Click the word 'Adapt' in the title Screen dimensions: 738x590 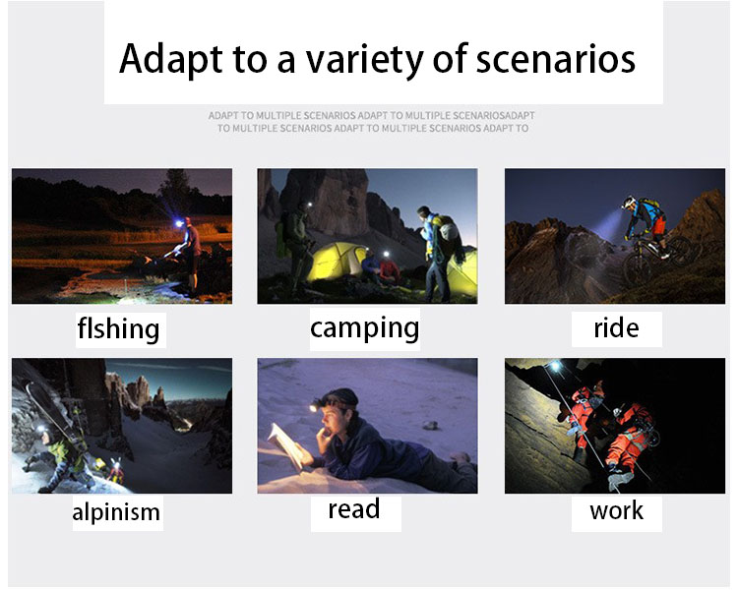click(x=171, y=59)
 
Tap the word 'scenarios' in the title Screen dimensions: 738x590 click(x=555, y=59)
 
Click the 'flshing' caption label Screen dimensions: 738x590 click(x=118, y=328)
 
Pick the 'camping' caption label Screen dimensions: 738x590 click(x=365, y=328)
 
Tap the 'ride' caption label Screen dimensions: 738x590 click(x=616, y=327)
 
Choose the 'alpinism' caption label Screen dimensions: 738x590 click(x=116, y=512)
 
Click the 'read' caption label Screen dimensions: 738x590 click(x=354, y=508)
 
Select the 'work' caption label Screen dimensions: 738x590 click(x=616, y=510)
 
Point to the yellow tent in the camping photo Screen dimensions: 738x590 click(x=337, y=262)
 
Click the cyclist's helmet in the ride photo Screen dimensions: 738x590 click(x=629, y=203)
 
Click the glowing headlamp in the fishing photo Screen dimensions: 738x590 click(x=178, y=223)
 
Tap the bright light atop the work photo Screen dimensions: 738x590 click(x=555, y=366)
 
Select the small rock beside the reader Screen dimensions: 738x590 click(x=431, y=426)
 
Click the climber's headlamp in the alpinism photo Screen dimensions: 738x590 click(x=41, y=430)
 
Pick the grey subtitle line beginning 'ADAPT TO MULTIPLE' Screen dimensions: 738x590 click(x=372, y=116)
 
